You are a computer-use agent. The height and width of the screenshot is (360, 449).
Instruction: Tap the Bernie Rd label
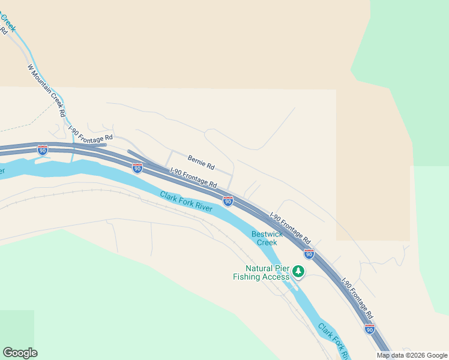[x=201, y=161]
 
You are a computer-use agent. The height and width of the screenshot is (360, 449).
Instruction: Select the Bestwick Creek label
[x=264, y=238]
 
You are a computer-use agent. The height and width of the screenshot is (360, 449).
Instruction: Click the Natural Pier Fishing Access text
[x=261, y=272]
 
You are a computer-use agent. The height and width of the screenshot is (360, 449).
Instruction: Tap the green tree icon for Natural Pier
[x=298, y=272]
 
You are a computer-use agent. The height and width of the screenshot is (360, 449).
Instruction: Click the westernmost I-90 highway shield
[x=43, y=150]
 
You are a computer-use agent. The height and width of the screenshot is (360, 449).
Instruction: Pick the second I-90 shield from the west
[x=137, y=169]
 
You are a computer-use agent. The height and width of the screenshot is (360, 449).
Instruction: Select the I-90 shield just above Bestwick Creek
[x=228, y=201]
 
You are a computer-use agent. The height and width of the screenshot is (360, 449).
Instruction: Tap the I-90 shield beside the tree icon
[x=309, y=254]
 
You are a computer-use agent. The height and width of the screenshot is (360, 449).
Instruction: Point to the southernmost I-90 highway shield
[x=369, y=329]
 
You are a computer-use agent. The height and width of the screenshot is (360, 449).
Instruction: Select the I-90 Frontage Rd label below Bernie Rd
[x=193, y=177]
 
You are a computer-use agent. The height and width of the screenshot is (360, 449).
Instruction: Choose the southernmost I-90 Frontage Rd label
[x=358, y=298]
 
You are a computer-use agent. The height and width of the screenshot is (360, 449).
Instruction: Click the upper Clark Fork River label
[x=186, y=200]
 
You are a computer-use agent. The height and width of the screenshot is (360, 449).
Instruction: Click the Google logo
[x=20, y=353]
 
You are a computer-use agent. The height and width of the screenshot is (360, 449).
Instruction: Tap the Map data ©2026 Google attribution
[x=412, y=355]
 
